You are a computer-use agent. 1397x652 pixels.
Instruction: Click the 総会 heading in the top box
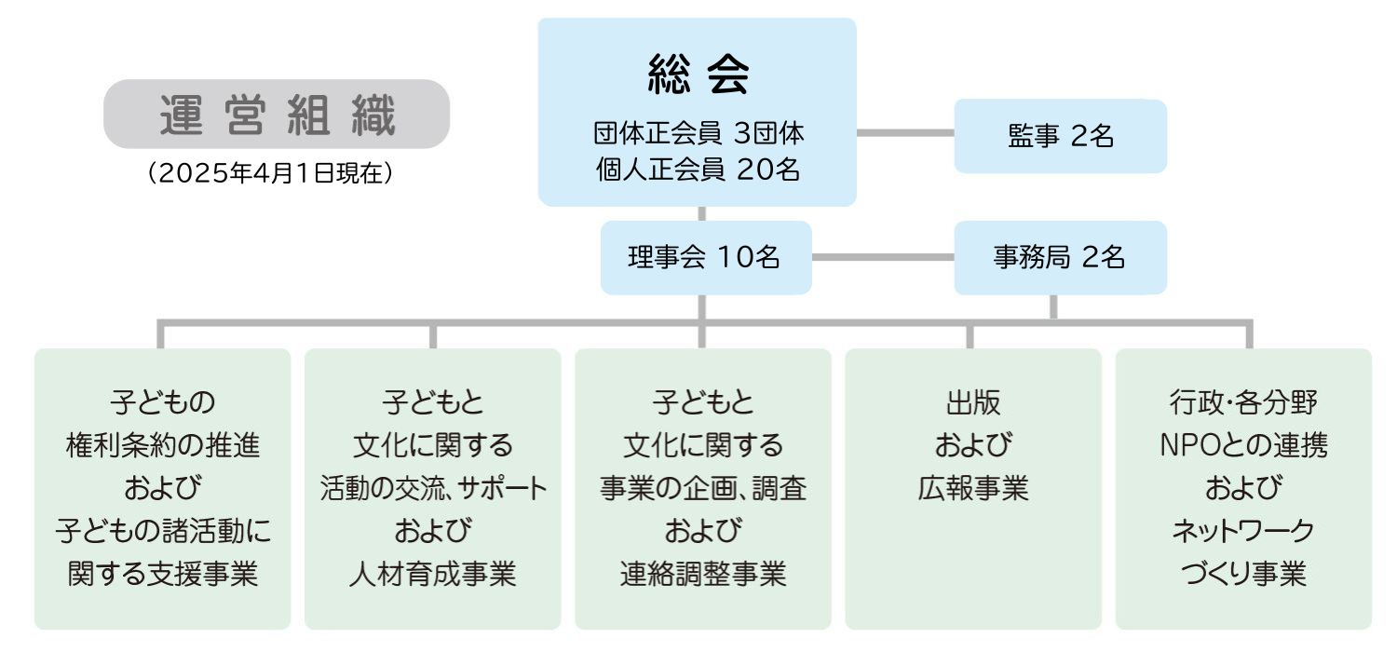[698, 77]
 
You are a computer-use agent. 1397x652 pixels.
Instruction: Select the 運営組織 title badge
[277, 115]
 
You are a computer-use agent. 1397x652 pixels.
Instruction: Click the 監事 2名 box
[1060, 136]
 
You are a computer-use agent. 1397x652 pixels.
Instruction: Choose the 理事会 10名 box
[705, 258]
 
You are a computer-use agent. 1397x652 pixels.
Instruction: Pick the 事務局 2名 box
[1060, 258]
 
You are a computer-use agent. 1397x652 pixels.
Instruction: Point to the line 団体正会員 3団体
[698, 133]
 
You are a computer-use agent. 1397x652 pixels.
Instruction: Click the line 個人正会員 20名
[698, 170]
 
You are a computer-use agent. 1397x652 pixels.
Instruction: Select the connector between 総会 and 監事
[904, 133]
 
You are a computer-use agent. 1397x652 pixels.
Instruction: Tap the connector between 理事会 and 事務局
[882, 258]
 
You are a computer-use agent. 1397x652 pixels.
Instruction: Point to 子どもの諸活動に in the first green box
[163, 532]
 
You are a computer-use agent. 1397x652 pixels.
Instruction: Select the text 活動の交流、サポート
[433, 489]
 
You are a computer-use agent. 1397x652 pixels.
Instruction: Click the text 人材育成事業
[433, 574]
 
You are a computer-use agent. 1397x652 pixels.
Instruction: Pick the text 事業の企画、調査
[703, 489]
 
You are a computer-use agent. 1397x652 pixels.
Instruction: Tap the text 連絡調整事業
[703, 574]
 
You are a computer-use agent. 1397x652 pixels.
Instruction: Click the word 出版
[972, 403]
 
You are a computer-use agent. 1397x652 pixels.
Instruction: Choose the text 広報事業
[972, 489]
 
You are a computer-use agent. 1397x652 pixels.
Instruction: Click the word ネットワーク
[1243, 532]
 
